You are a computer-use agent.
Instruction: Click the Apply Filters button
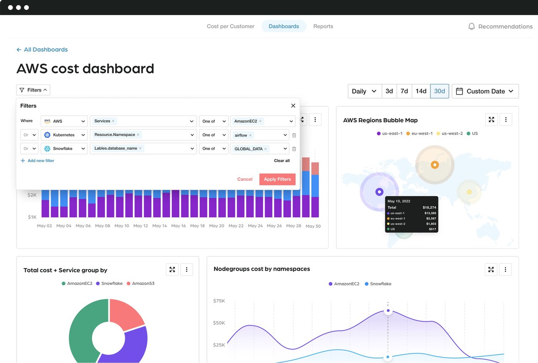point(277,179)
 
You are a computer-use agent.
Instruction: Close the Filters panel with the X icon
point(293,106)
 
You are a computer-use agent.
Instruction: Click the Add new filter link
point(37,161)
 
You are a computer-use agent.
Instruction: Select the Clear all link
point(282,161)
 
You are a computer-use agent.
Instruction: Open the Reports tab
point(323,26)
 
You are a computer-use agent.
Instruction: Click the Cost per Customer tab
point(230,26)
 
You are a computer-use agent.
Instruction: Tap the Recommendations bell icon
point(472,26)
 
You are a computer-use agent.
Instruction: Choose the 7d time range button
point(404,91)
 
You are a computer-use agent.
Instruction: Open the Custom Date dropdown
point(485,91)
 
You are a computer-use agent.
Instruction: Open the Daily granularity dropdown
point(364,91)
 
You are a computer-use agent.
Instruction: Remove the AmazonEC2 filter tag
point(260,121)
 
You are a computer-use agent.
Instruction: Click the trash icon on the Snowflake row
point(294,149)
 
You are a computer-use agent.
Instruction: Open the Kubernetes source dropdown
point(64,135)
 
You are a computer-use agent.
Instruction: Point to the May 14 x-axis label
point(160,226)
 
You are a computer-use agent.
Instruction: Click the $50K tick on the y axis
point(219,323)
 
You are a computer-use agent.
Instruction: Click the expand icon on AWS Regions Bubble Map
point(491,120)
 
